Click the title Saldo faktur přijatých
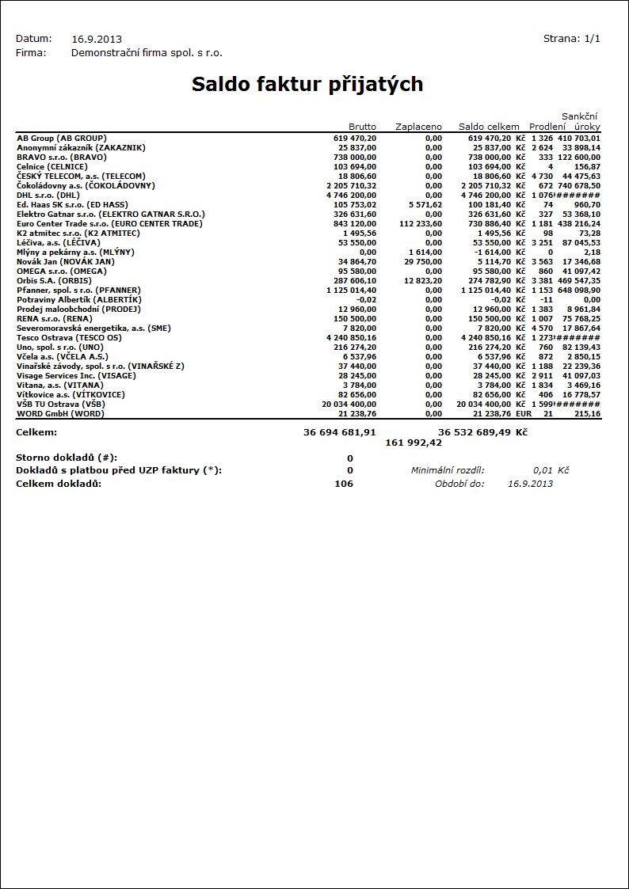[x=307, y=85]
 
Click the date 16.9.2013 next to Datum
[x=97, y=39]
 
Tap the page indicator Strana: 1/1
[x=571, y=38]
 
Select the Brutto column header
[x=362, y=127]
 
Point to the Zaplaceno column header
[x=418, y=127]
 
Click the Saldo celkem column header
[x=489, y=127]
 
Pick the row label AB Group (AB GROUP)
[x=62, y=138]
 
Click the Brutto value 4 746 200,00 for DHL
[x=351, y=195]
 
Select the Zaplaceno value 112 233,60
[x=419, y=223]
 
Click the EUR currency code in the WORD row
[x=523, y=413]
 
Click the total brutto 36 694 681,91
[x=339, y=432]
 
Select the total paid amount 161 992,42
[x=414, y=443]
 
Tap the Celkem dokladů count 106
[x=344, y=484]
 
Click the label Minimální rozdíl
[x=448, y=470]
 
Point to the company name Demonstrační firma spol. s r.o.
[x=147, y=53]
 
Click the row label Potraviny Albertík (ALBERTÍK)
[x=79, y=299]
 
